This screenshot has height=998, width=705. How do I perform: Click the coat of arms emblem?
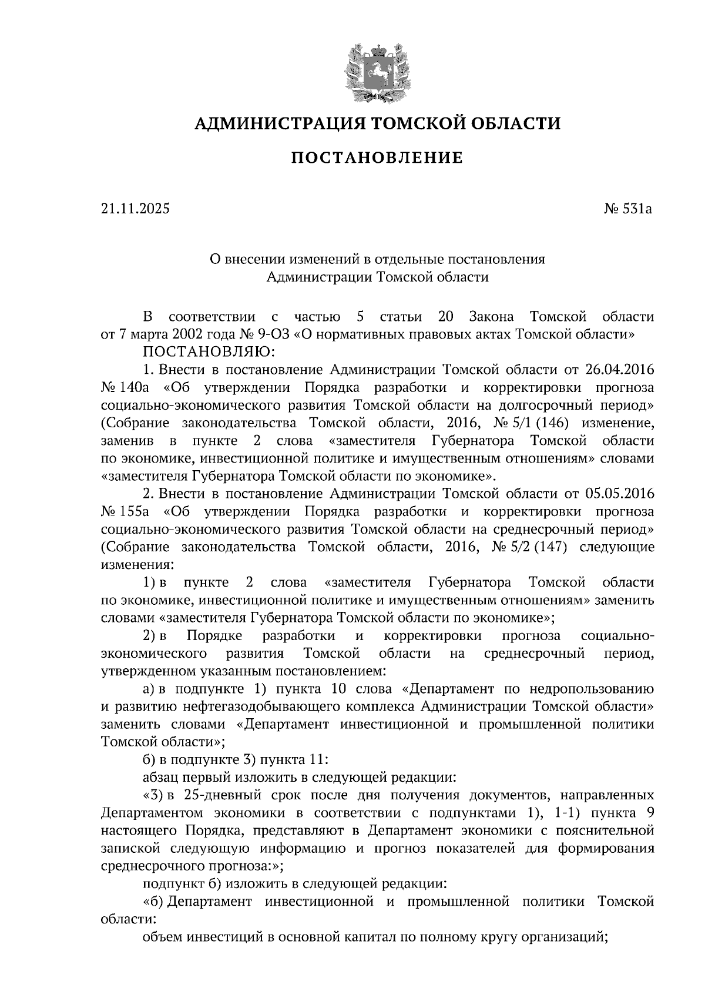(x=377, y=69)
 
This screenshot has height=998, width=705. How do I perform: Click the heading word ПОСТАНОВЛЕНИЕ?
(x=377, y=158)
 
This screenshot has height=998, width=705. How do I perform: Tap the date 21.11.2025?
(x=135, y=209)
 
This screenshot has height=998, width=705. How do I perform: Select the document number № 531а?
(x=628, y=209)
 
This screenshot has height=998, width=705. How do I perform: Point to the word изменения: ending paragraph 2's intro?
(x=137, y=565)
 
